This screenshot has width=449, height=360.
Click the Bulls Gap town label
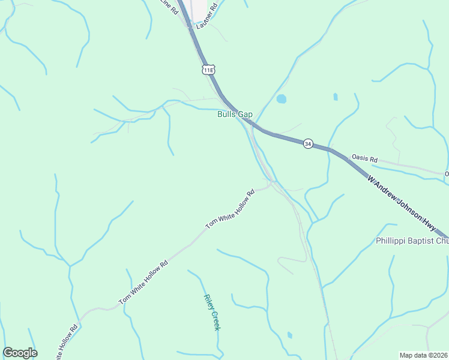(x=235, y=114)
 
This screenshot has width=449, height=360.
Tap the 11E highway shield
(x=208, y=70)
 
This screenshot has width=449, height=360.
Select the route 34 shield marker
(x=308, y=144)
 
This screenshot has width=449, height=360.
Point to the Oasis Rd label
(x=364, y=160)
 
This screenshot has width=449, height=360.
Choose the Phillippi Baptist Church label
(x=412, y=241)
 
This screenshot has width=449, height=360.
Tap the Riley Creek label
(x=212, y=312)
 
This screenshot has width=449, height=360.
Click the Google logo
(x=20, y=353)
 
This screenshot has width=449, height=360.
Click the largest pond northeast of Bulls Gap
(x=281, y=99)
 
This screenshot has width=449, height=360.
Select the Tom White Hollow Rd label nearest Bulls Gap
(x=231, y=209)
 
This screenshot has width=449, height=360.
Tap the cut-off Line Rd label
(x=169, y=7)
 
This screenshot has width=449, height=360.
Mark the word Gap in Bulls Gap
(x=245, y=114)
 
